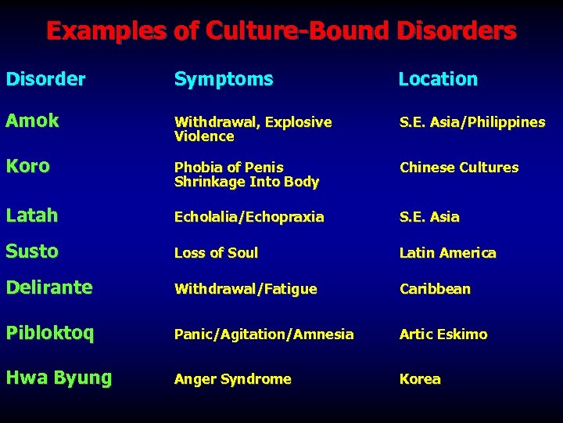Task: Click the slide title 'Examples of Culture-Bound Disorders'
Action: (281, 31)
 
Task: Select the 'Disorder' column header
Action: (45, 79)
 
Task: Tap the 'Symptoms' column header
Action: (224, 79)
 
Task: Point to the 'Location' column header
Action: (438, 79)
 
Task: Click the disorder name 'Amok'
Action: (33, 121)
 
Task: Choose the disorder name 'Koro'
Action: (28, 166)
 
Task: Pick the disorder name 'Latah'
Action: (32, 215)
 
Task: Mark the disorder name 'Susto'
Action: (33, 251)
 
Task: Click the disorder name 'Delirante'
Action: (49, 287)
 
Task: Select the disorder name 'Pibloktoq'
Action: (50, 333)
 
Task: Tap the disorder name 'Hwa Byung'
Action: (59, 378)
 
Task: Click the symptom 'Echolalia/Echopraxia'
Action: (249, 217)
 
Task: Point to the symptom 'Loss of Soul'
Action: (216, 253)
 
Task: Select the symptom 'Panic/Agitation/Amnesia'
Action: (264, 334)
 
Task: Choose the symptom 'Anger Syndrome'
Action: (232, 379)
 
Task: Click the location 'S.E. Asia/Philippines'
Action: (472, 122)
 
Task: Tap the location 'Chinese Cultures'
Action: (459, 168)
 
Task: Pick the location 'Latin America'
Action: (447, 253)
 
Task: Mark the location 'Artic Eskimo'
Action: (443, 334)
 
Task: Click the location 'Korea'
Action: (420, 379)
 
